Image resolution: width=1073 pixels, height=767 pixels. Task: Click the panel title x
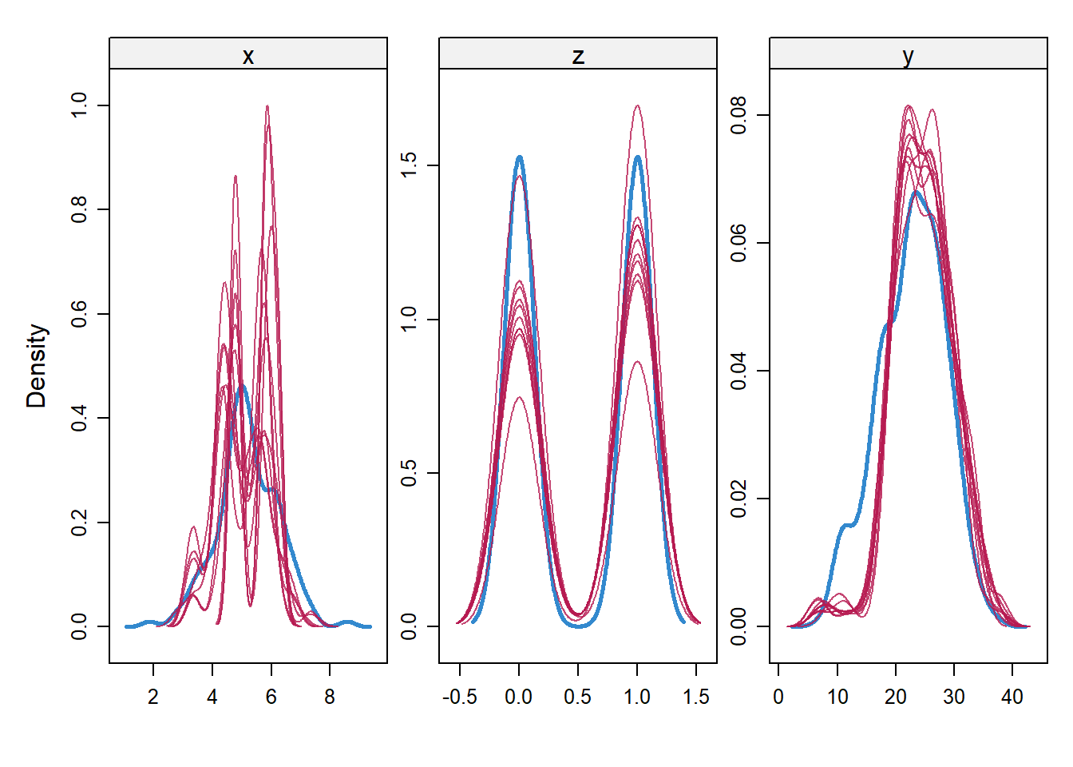tap(248, 56)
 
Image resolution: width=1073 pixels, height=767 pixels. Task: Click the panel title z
tap(578, 56)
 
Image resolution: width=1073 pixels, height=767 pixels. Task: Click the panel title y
tap(908, 56)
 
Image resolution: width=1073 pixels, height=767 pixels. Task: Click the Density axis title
tap(37, 366)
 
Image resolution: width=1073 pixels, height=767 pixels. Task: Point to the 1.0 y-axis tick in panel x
tap(79, 105)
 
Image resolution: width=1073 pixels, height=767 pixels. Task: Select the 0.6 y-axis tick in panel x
tap(79, 314)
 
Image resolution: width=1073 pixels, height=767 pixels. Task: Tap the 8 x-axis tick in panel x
tap(330, 697)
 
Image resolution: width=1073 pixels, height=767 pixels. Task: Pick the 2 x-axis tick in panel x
tap(153, 697)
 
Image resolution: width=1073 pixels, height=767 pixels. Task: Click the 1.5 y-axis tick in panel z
tap(409, 165)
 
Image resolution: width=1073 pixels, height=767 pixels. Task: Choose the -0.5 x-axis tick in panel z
tap(459, 697)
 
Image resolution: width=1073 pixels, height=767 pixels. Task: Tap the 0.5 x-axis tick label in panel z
tap(577, 697)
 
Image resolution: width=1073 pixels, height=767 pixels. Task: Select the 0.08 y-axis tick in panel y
tap(738, 115)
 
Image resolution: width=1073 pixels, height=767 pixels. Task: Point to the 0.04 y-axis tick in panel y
tap(738, 371)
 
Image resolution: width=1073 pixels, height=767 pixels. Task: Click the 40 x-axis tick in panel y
tap(1012, 697)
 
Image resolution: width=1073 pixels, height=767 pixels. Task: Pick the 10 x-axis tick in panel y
tap(837, 697)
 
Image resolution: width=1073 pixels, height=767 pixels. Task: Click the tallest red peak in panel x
tap(267, 106)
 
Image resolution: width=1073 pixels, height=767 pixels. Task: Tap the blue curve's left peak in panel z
tap(520, 157)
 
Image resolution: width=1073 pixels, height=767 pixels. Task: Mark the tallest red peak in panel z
tap(637, 105)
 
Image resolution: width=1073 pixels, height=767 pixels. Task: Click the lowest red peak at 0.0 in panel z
tap(519, 397)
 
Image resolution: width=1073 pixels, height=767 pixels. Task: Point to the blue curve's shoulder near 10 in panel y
tap(846, 525)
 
